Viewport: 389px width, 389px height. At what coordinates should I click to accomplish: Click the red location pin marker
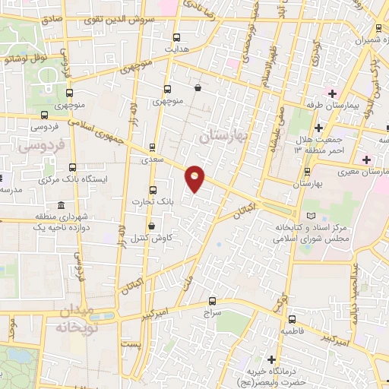pos(195,178)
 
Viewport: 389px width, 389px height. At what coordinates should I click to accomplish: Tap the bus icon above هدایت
pos(177,37)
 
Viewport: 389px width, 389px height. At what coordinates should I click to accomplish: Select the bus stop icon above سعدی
pos(152,148)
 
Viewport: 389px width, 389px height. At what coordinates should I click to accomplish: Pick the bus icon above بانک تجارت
pos(153,189)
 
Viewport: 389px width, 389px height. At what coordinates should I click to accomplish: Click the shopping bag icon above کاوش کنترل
pos(151,226)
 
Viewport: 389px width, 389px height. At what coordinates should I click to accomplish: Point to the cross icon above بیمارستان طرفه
pos(333,93)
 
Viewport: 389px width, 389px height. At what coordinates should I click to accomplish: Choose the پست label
pos(133,344)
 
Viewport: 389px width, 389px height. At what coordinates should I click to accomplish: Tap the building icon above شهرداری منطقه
pos(61,205)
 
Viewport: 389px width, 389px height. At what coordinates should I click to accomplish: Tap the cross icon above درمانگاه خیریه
pos(271,359)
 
